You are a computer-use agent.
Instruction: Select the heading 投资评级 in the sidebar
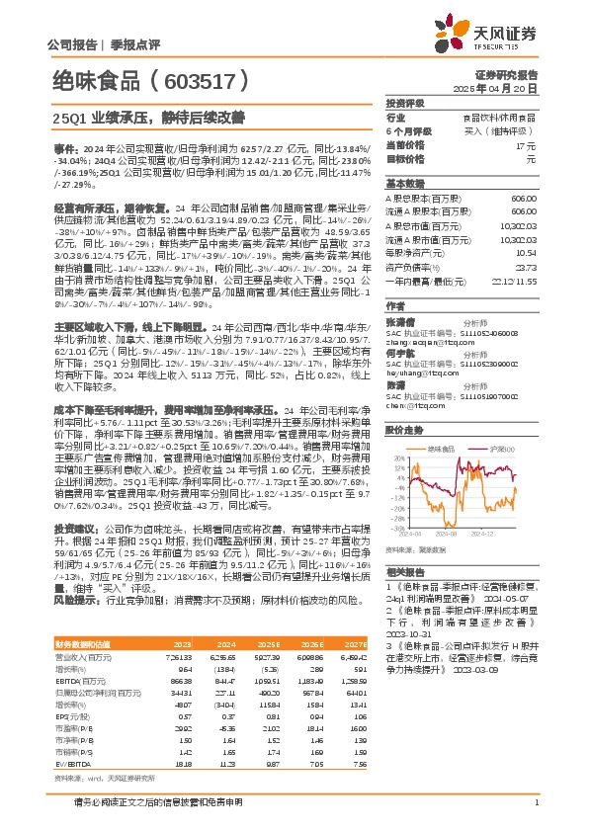pos(404,103)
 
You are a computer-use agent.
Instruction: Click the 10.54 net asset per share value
pos(525,253)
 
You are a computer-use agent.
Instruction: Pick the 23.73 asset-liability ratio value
pos(525,267)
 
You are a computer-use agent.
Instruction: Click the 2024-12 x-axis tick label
pos(515,532)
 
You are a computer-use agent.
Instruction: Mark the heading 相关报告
pos(404,572)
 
